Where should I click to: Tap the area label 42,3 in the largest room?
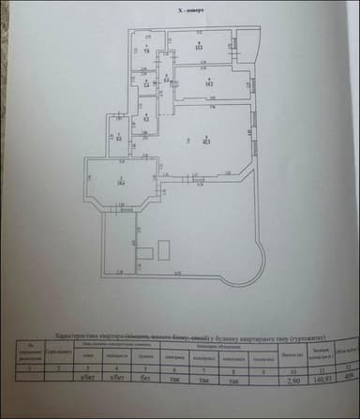click(x=205, y=141)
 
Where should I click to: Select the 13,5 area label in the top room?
click(x=200, y=47)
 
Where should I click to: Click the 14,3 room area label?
click(x=210, y=83)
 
